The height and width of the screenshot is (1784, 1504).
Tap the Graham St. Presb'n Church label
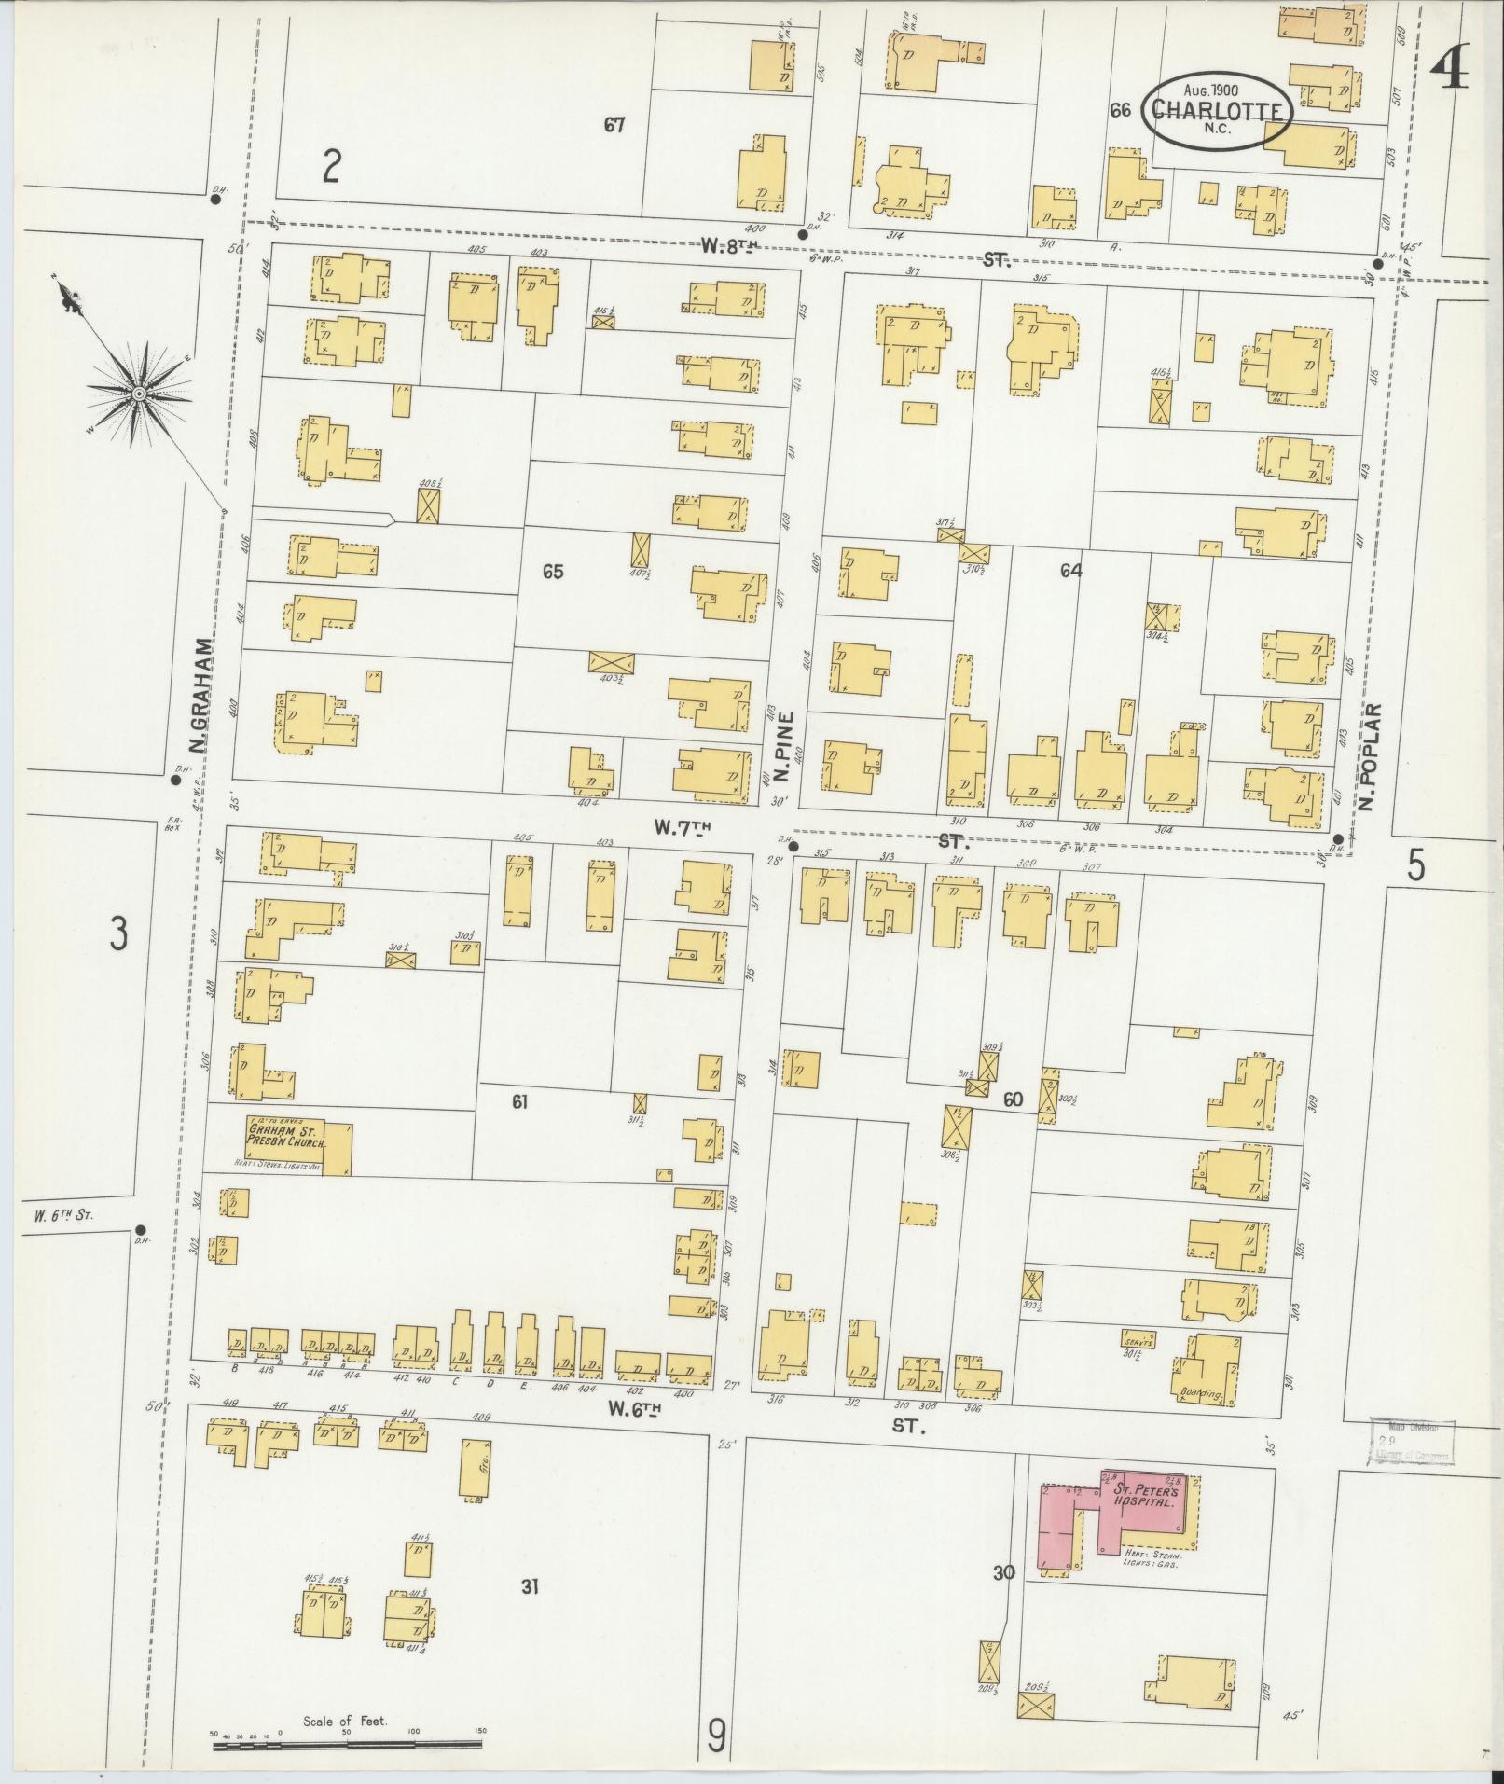click(x=284, y=1136)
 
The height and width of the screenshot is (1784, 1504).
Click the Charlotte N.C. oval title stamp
click(x=1219, y=111)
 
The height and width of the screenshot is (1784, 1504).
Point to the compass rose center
click(x=138, y=394)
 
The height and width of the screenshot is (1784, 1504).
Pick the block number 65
click(x=553, y=571)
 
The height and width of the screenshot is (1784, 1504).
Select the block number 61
click(x=520, y=1101)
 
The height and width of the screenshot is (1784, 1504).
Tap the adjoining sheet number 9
click(x=715, y=1736)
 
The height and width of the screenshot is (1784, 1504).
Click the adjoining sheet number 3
click(x=117, y=933)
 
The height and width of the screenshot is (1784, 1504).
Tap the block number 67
click(x=614, y=124)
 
